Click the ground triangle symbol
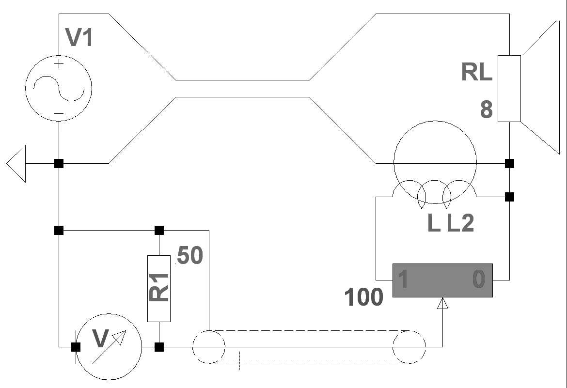[16, 164]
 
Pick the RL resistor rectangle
[509, 89]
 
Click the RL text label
[477, 72]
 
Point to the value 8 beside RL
[486, 110]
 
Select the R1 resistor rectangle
[159, 288]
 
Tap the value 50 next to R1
[189, 256]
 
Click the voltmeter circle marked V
[109, 347]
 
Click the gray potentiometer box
[442, 280]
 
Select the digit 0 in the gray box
[478, 280]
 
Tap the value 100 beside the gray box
[363, 297]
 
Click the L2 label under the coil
[460, 223]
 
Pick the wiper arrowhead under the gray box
[442, 304]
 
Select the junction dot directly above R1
[159, 230]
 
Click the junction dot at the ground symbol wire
[59, 164]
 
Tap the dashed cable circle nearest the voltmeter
[209, 347]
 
